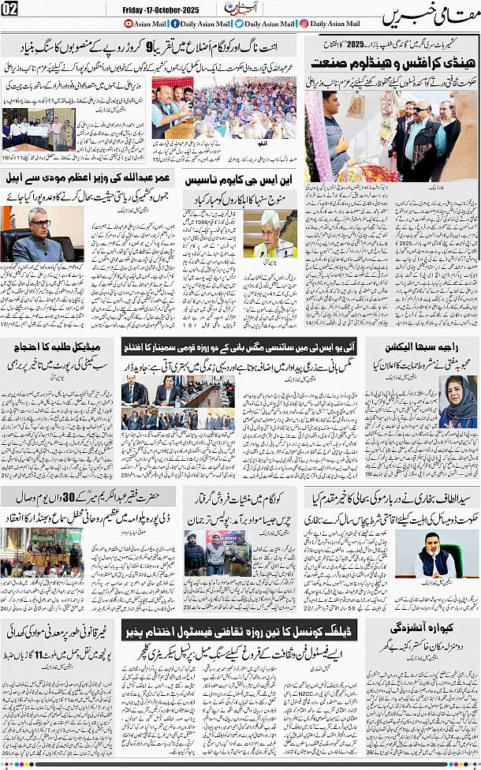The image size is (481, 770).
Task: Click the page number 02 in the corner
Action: pyautogui.click(x=11, y=9)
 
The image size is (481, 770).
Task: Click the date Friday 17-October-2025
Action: pyautogui.click(x=162, y=9)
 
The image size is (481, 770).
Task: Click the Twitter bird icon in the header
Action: pyautogui.click(x=238, y=24)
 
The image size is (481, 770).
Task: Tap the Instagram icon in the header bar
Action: pyautogui.click(x=304, y=24)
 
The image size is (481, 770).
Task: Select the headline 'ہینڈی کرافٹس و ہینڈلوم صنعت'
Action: pyautogui.click(x=390, y=61)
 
